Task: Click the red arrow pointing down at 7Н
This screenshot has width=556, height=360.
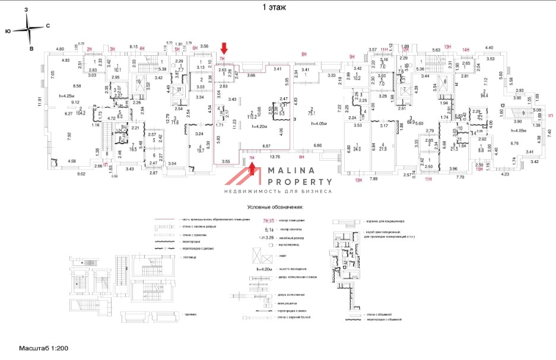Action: coord(224,48)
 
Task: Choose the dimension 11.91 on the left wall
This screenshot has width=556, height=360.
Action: coord(40,101)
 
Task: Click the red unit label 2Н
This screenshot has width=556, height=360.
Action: coord(90,50)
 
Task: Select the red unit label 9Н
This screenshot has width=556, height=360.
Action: coord(351,56)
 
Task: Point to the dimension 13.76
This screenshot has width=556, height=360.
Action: coord(274,157)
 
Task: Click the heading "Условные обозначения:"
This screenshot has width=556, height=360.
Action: coord(275,208)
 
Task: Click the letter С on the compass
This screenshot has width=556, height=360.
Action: coord(47,26)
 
